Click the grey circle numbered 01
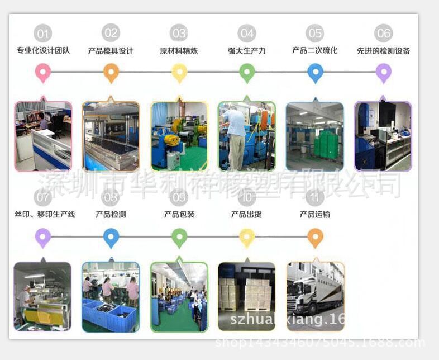[x=42, y=34]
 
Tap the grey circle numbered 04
[x=247, y=34]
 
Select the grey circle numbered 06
[x=384, y=34]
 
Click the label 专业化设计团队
[x=43, y=51]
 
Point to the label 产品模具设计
[x=111, y=51]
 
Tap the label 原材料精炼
[x=179, y=51]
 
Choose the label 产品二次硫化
[x=315, y=51]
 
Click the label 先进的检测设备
[x=384, y=51]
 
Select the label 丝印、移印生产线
[x=45, y=215]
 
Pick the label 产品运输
[x=315, y=215]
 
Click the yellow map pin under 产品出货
[x=247, y=237]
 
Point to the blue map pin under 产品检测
[x=111, y=237]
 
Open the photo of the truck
[x=314, y=296]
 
